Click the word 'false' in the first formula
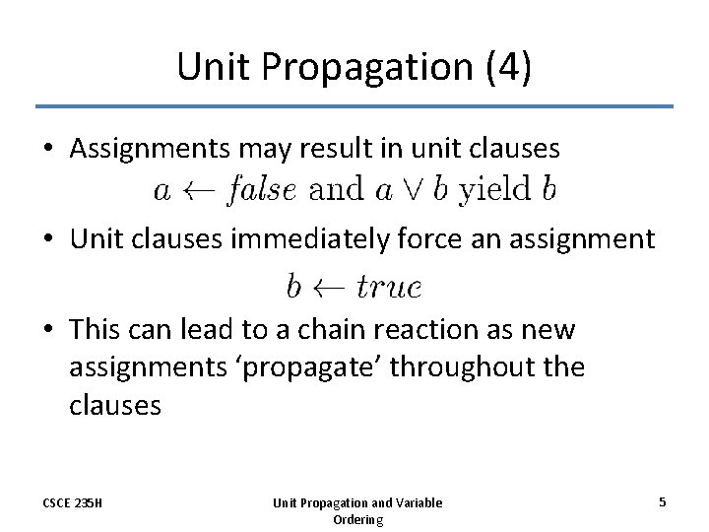[260, 189]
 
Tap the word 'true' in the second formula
[389, 287]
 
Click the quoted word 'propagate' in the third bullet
[301, 367]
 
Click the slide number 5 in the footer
[663, 502]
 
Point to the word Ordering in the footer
[357, 519]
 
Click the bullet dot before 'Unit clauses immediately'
[48, 239]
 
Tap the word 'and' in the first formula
[335, 189]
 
